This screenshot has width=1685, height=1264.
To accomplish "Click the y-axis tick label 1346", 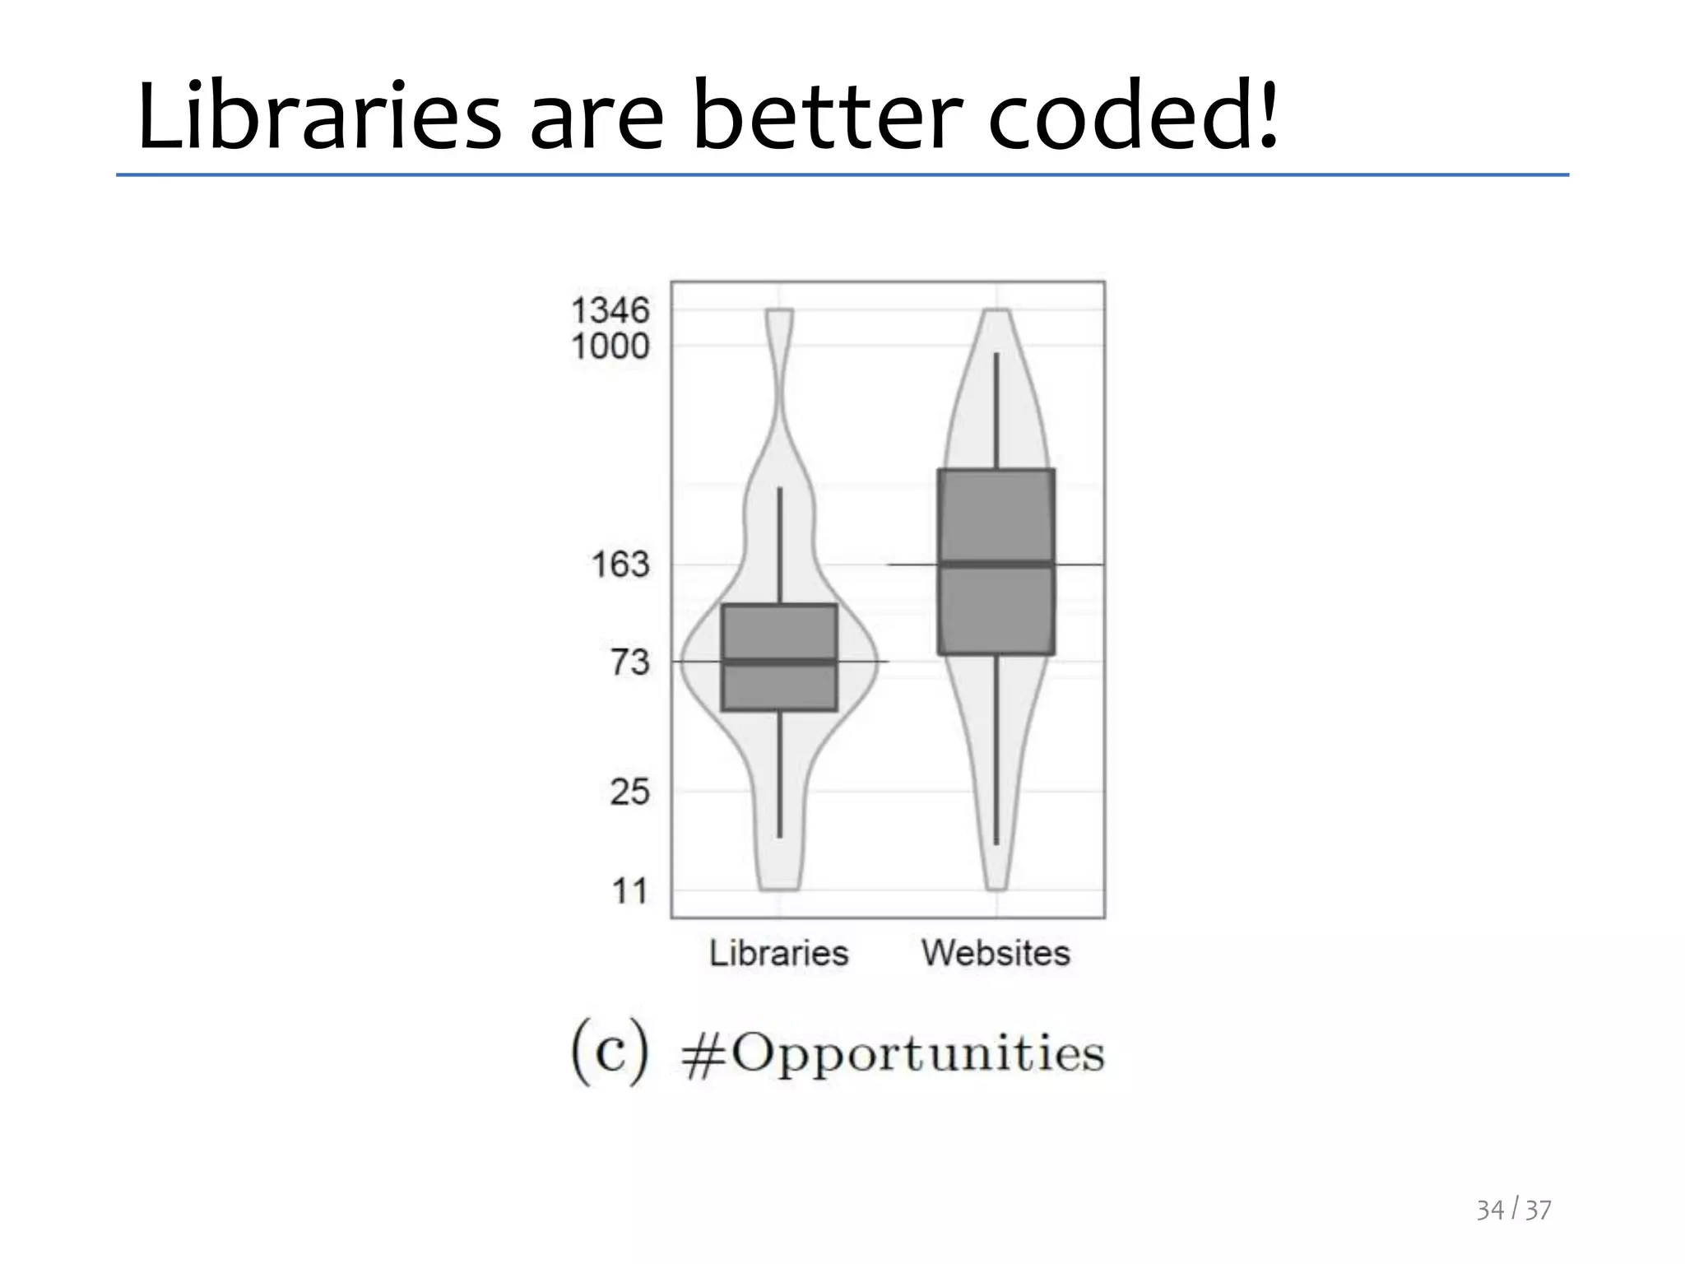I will click(610, 311).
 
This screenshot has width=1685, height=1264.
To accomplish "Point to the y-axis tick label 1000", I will click(610, 346).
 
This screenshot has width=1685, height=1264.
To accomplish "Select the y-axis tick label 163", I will click(620, 565).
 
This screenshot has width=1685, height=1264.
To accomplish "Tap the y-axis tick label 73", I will click(629, 662).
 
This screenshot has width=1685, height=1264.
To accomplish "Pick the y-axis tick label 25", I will click(629, 792).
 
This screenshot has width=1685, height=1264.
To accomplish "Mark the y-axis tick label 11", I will click(629, 890).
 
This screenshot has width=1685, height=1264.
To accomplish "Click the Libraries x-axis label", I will click(778, 953).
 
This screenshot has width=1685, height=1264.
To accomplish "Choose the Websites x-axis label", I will click(996, 953).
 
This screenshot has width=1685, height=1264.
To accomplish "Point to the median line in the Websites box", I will click(996, 564).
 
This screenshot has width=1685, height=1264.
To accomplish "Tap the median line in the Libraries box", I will click(779, 661).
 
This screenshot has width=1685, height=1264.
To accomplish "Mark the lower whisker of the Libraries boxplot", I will click(779, 774).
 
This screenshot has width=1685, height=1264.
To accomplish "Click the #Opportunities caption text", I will click(893, 1053).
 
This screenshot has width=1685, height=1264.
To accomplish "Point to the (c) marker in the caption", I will click(610, 1052).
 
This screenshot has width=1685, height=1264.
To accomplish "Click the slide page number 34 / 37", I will click(1513, 1209).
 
